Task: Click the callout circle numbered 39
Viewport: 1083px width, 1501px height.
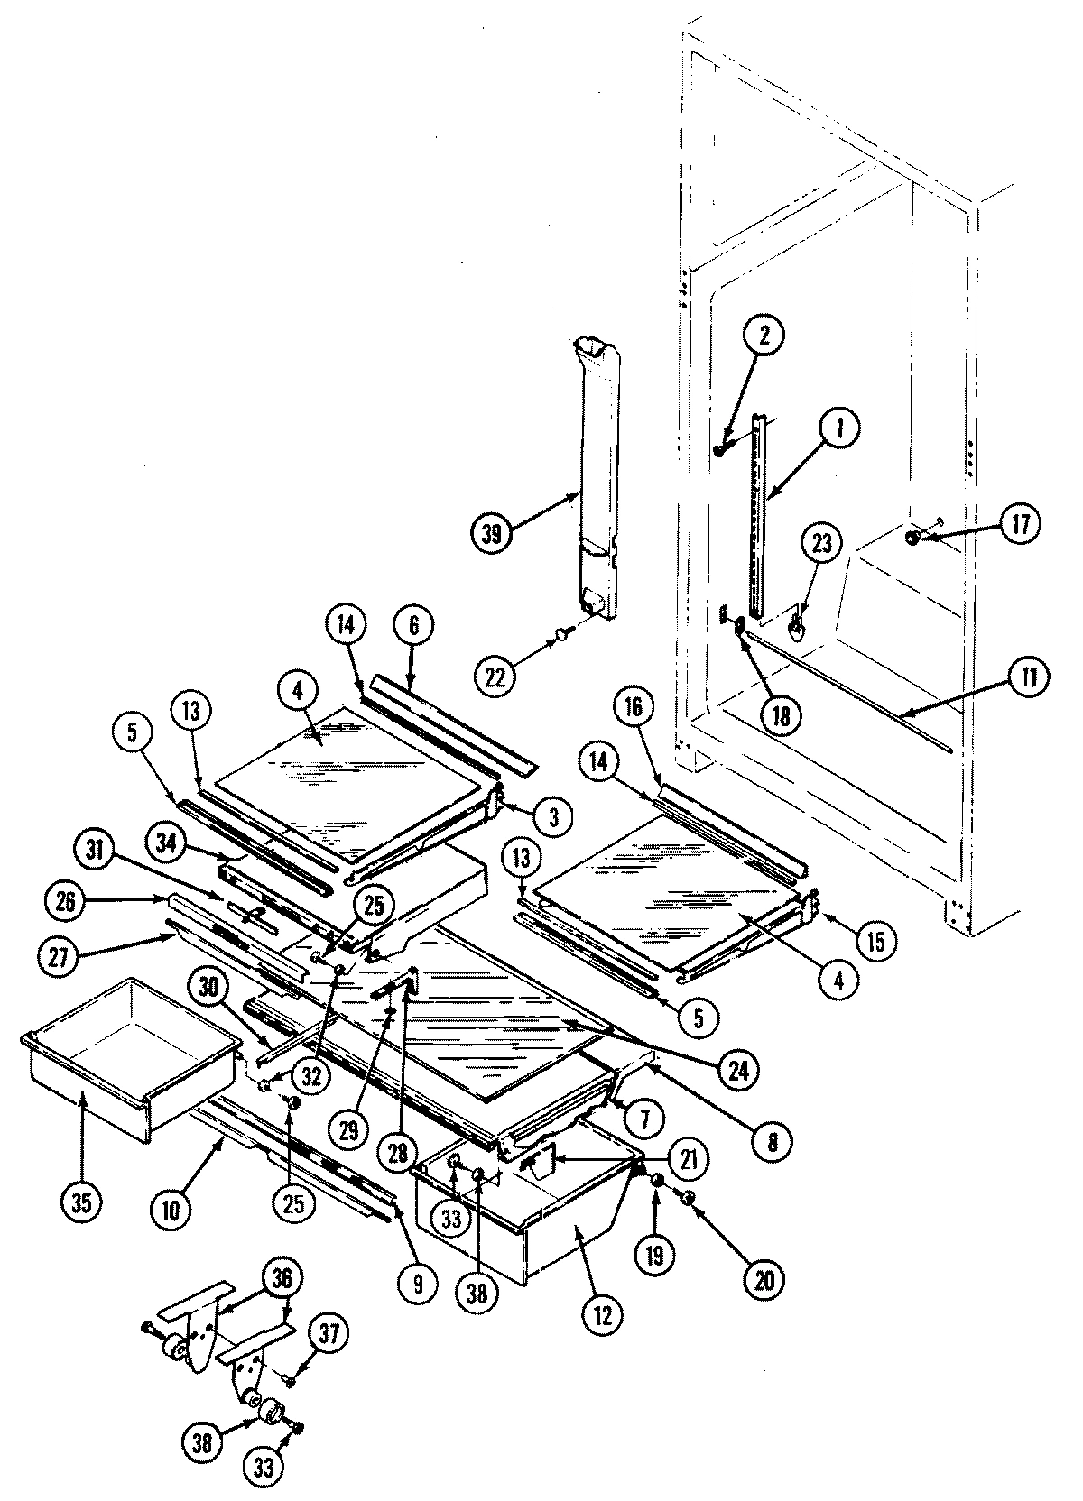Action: [x=491, y=533]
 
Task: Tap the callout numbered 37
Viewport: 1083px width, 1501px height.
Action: [x=329, y=1333]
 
